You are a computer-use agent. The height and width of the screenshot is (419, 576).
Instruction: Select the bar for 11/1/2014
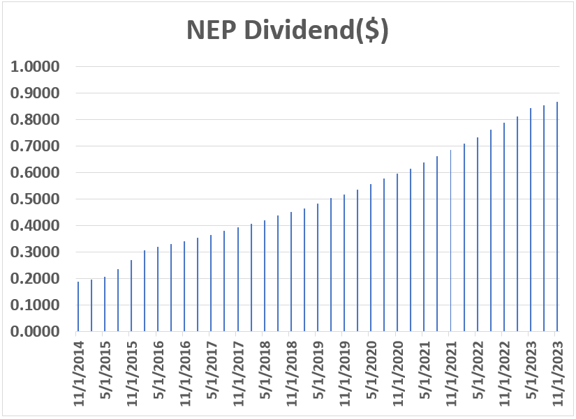click(x=77, y=307)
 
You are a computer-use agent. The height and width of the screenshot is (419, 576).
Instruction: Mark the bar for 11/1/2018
click(x=290, y=272)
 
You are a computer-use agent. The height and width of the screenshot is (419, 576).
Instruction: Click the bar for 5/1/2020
click(x=371, y=258)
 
